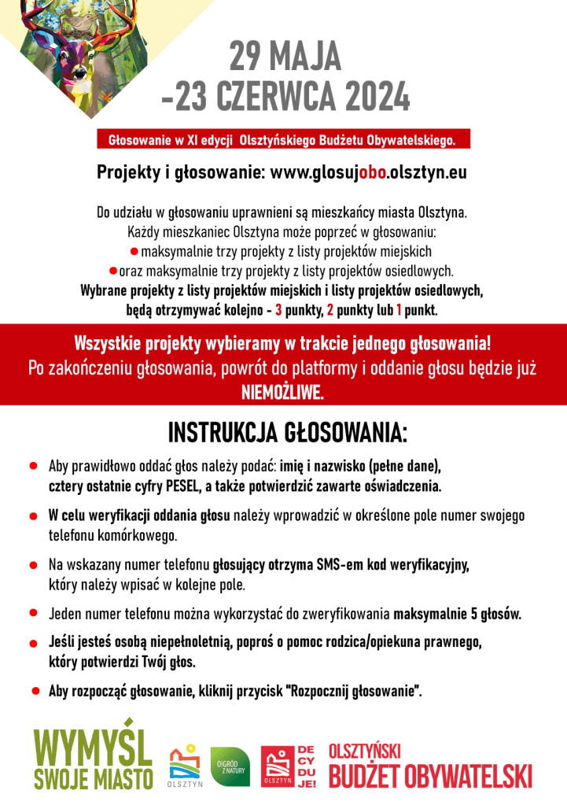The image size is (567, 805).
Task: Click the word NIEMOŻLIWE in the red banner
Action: pyautogui.click(x=282, y=392)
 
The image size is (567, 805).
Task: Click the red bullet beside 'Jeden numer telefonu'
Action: pyautogui.click(x=34, y=612)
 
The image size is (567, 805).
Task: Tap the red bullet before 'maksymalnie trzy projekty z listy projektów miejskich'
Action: pyautogui.click(x=134, y=251)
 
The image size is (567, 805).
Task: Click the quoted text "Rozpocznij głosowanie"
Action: pyautogui.click(x=355, y=692)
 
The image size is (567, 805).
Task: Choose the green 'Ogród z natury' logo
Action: pyautogui.click(x=230, y=766)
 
